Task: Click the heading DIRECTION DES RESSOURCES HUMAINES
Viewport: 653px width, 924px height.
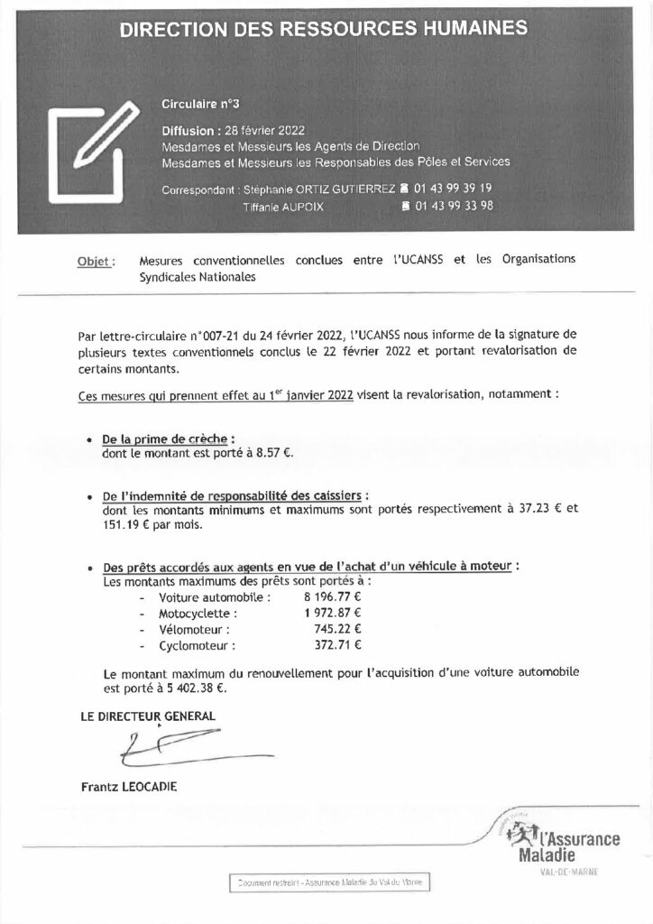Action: click(324, 29)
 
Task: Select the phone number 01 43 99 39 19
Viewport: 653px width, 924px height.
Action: click(452, 189)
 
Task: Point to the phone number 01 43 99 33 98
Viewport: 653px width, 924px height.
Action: click(454, 206)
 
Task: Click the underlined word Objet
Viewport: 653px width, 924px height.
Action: click(96, 262)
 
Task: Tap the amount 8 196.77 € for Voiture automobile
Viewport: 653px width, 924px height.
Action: click(326, 597)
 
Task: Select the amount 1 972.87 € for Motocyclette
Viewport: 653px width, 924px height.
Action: click(326, 613)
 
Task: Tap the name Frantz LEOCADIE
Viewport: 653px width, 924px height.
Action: click(129, 787)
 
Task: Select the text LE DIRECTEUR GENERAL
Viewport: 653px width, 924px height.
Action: click(149, 716)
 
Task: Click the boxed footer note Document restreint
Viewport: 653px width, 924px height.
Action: click(329, 882)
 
